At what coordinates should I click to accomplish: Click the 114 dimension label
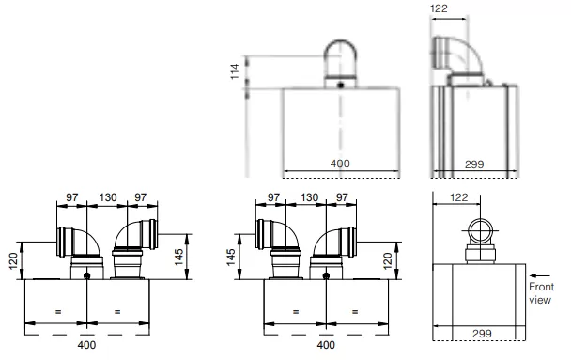pos(235,71)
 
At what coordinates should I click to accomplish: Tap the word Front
pos(541,287)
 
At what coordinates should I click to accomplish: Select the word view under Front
pos(540,300)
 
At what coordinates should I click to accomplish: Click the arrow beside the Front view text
pos(540,275)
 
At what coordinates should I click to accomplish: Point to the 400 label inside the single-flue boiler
pos(340,164)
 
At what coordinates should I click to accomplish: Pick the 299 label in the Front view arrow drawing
pos(482,333)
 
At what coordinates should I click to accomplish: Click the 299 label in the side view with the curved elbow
pos(474,164)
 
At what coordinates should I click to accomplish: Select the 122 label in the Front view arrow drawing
pos(458,197)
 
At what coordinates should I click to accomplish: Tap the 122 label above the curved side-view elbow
pos(439,8)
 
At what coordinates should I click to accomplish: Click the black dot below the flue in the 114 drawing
pos(341,86)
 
